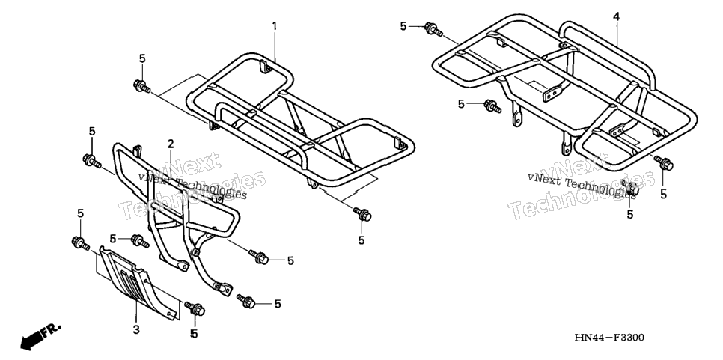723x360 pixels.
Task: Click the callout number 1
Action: click(x=275, y=25)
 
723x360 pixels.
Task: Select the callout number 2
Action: click(x=171, y=144)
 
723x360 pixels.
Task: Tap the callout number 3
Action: click(x=136, y=329)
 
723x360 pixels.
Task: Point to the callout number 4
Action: click(x=617, y=16)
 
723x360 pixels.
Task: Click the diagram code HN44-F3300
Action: click(x=609, y=338)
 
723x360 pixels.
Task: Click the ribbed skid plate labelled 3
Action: click(x=138, y=282)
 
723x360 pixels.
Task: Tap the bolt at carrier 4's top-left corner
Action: click(x=433, y=29)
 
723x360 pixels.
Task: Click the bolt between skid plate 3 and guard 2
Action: click(x=140, y=240)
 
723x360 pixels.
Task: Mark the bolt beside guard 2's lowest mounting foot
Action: click(x=246, y=302)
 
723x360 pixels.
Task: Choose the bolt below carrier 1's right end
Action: click(x=362, y=214)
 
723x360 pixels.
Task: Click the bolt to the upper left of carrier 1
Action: click(x=141, y=86)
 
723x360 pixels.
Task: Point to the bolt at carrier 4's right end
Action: click(x=664, y=163)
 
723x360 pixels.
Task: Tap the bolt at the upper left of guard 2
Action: click(x=92, y=162)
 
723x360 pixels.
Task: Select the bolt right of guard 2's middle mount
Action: click(x=259, y=257)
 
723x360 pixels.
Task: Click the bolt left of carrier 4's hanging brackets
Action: click(x=492, y=106)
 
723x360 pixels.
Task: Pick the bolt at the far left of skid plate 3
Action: click(x=81, y=243)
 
